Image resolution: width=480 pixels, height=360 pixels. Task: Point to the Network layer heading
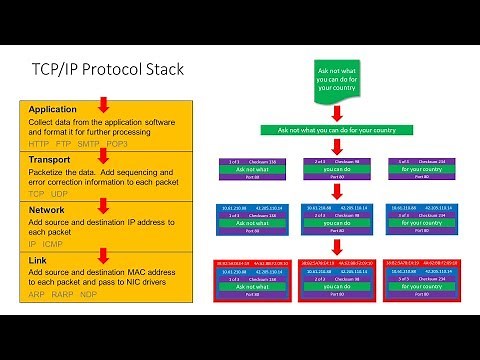47,209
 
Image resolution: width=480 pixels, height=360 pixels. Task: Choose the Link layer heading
38,260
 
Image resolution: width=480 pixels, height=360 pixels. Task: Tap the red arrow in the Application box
102,105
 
